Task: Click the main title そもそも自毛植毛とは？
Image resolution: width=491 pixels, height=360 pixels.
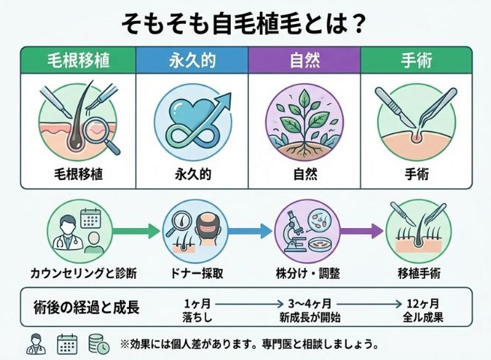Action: pyautogui.click(x=244, y=22)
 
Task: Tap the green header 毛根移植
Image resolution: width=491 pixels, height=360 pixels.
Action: pyautogui.click(x=78, y=59)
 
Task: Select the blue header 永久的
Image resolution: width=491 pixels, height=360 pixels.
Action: pyautogui.click(x=192, y=59)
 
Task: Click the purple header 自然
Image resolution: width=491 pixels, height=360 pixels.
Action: pyautogui.click(x=304, y=59)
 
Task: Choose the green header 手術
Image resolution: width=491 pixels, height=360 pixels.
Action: pyautogui.click(x=416, y=59)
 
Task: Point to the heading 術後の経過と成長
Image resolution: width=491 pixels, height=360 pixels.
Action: pyautogui.click(x=86, y=308)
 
